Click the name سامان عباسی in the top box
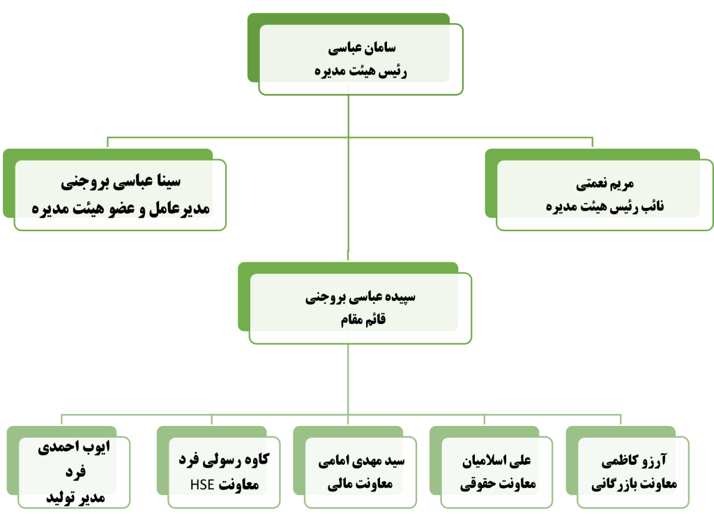pos(362,48)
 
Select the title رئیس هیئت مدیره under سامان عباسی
pos(360,71)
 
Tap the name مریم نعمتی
pos(605,184)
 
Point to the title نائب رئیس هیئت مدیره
pos(605,207)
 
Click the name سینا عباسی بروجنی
pos(121,182)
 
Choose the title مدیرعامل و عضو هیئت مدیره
pos(121,208)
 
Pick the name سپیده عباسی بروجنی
pos(360,297)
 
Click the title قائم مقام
pos(363,319)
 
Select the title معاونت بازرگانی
pos(635,484)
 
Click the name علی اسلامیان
pos(496,461)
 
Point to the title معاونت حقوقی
pos(498,484)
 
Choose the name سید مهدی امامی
pos(361,461)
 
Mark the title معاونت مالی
pos(360,484)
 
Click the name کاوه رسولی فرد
pos(224,460)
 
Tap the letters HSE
pos(202,485)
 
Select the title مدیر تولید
pos(75,497)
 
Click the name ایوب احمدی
pos(74,447)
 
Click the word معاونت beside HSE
pos(238,485)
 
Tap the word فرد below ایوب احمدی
pos(75,472)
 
